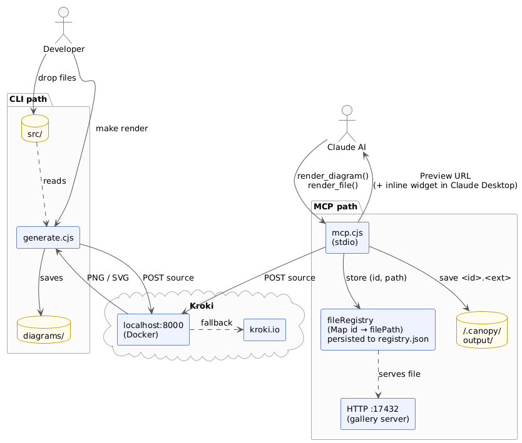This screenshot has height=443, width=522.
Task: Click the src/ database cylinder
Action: click(x=35, y=128)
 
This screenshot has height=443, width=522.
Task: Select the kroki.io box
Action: click(x=264, y=329)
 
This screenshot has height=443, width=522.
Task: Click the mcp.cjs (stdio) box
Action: click(x=347, y=237)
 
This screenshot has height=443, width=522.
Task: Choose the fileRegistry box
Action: click(x=377, y=329)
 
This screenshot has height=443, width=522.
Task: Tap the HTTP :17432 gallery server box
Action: click(x=377, y=414)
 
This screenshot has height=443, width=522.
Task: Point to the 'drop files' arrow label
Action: click(x=57, y=78)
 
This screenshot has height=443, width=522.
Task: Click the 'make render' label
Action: click(x=122, y=129)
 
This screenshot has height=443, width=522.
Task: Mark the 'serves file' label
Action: click(x=399, y=374)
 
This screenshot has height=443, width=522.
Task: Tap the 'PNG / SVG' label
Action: click(x=108, y=277)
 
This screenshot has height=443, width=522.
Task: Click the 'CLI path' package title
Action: click(x=29, y=99)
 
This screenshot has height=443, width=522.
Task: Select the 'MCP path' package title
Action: click(x=335, y=207)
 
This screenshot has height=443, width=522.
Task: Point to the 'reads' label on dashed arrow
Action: click(x=54, y=181)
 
